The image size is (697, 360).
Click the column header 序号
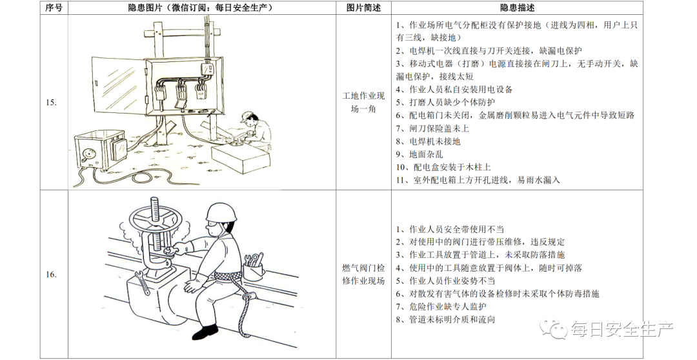[x=54, y=8]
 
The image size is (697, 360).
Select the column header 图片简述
[x=363, y=8]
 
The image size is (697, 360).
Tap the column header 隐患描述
[x=517, y=8]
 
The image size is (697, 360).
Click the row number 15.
[x=51, y=103]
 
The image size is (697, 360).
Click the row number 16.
[x=51, y=274]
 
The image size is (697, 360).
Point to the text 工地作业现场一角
[x=363, y=103]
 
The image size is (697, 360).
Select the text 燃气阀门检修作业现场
[x=363, y=274]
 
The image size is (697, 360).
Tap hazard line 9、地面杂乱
[x=419, y=154]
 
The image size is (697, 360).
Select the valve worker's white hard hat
[x=221, y=212]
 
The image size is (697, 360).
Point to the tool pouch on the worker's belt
[x=254, y=269]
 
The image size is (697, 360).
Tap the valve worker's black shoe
[x=205, y=332]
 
